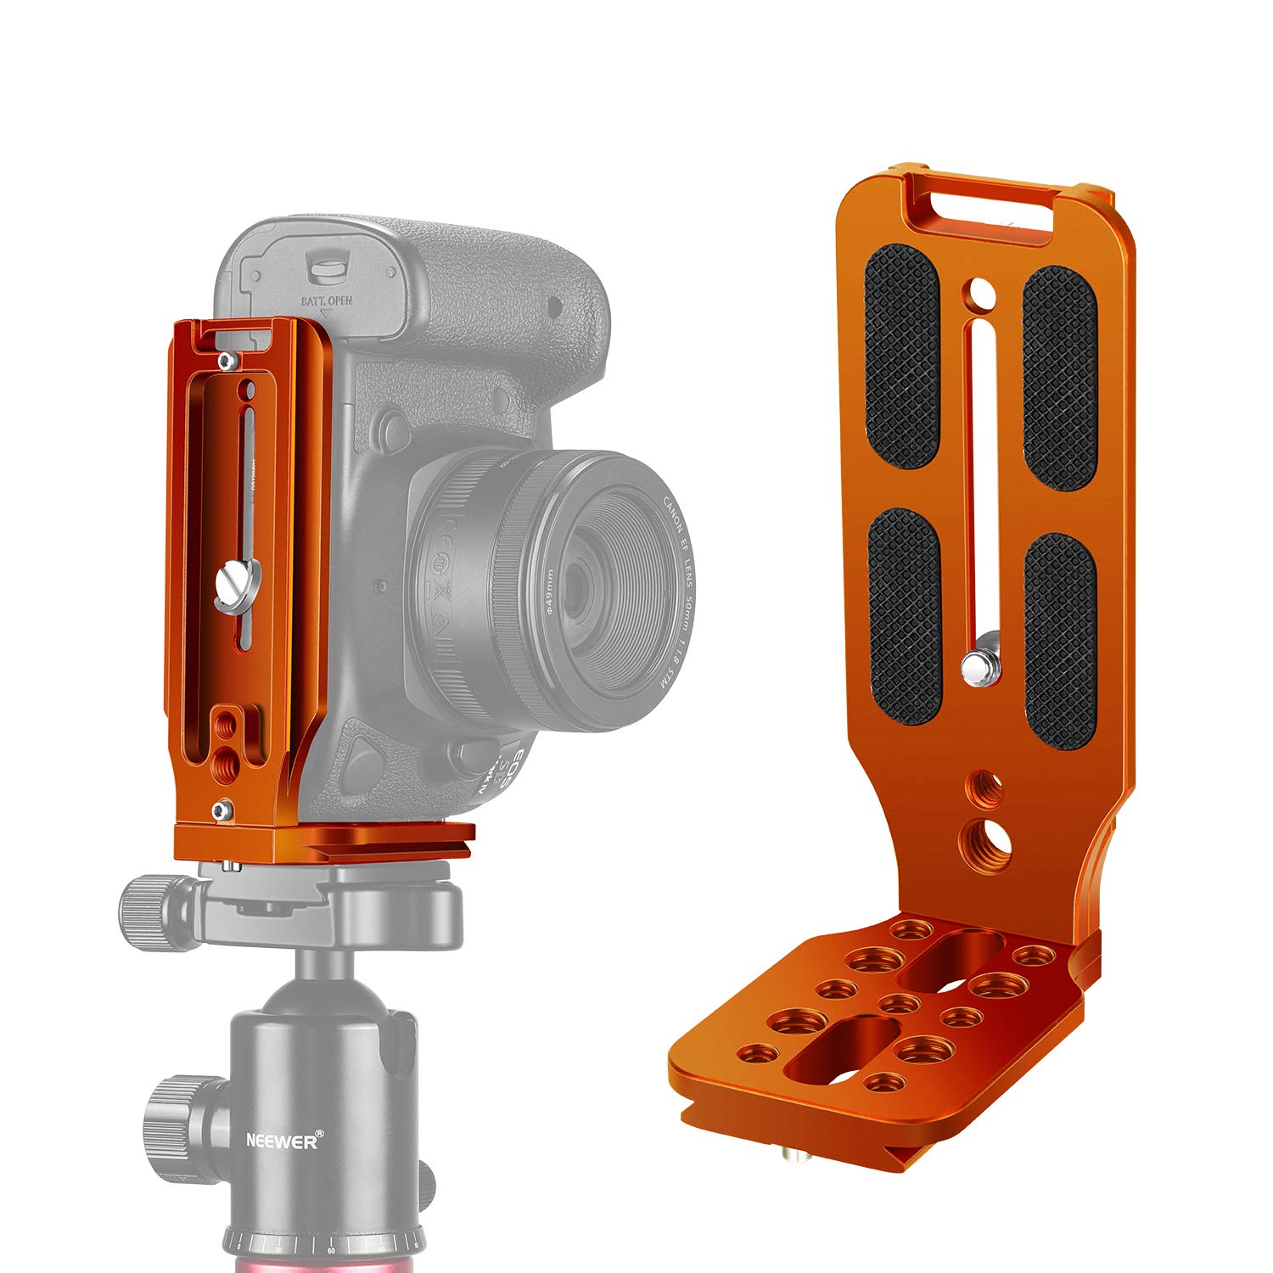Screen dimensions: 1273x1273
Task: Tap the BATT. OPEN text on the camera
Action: tap(327, 301)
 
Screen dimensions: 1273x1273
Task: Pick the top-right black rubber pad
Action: tap(1059, 378)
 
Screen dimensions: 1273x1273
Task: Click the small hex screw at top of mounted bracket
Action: tap(225, 362)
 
